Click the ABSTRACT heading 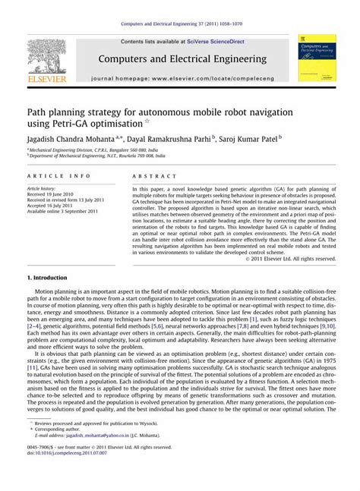[150, 176]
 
